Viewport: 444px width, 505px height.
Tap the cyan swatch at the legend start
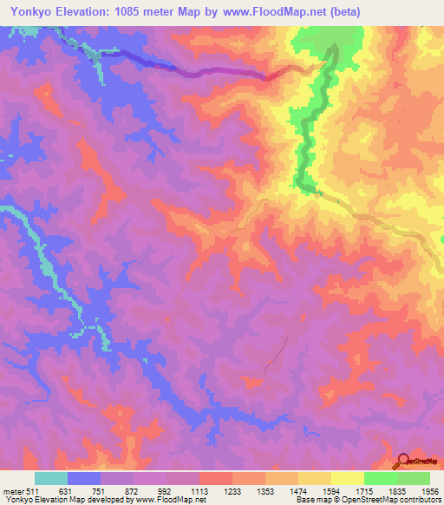[51, 478]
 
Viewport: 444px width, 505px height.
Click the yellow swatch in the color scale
[347, 478]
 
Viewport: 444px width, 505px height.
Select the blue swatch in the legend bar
[84, 478]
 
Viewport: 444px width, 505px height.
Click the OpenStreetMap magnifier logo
[404, 460]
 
